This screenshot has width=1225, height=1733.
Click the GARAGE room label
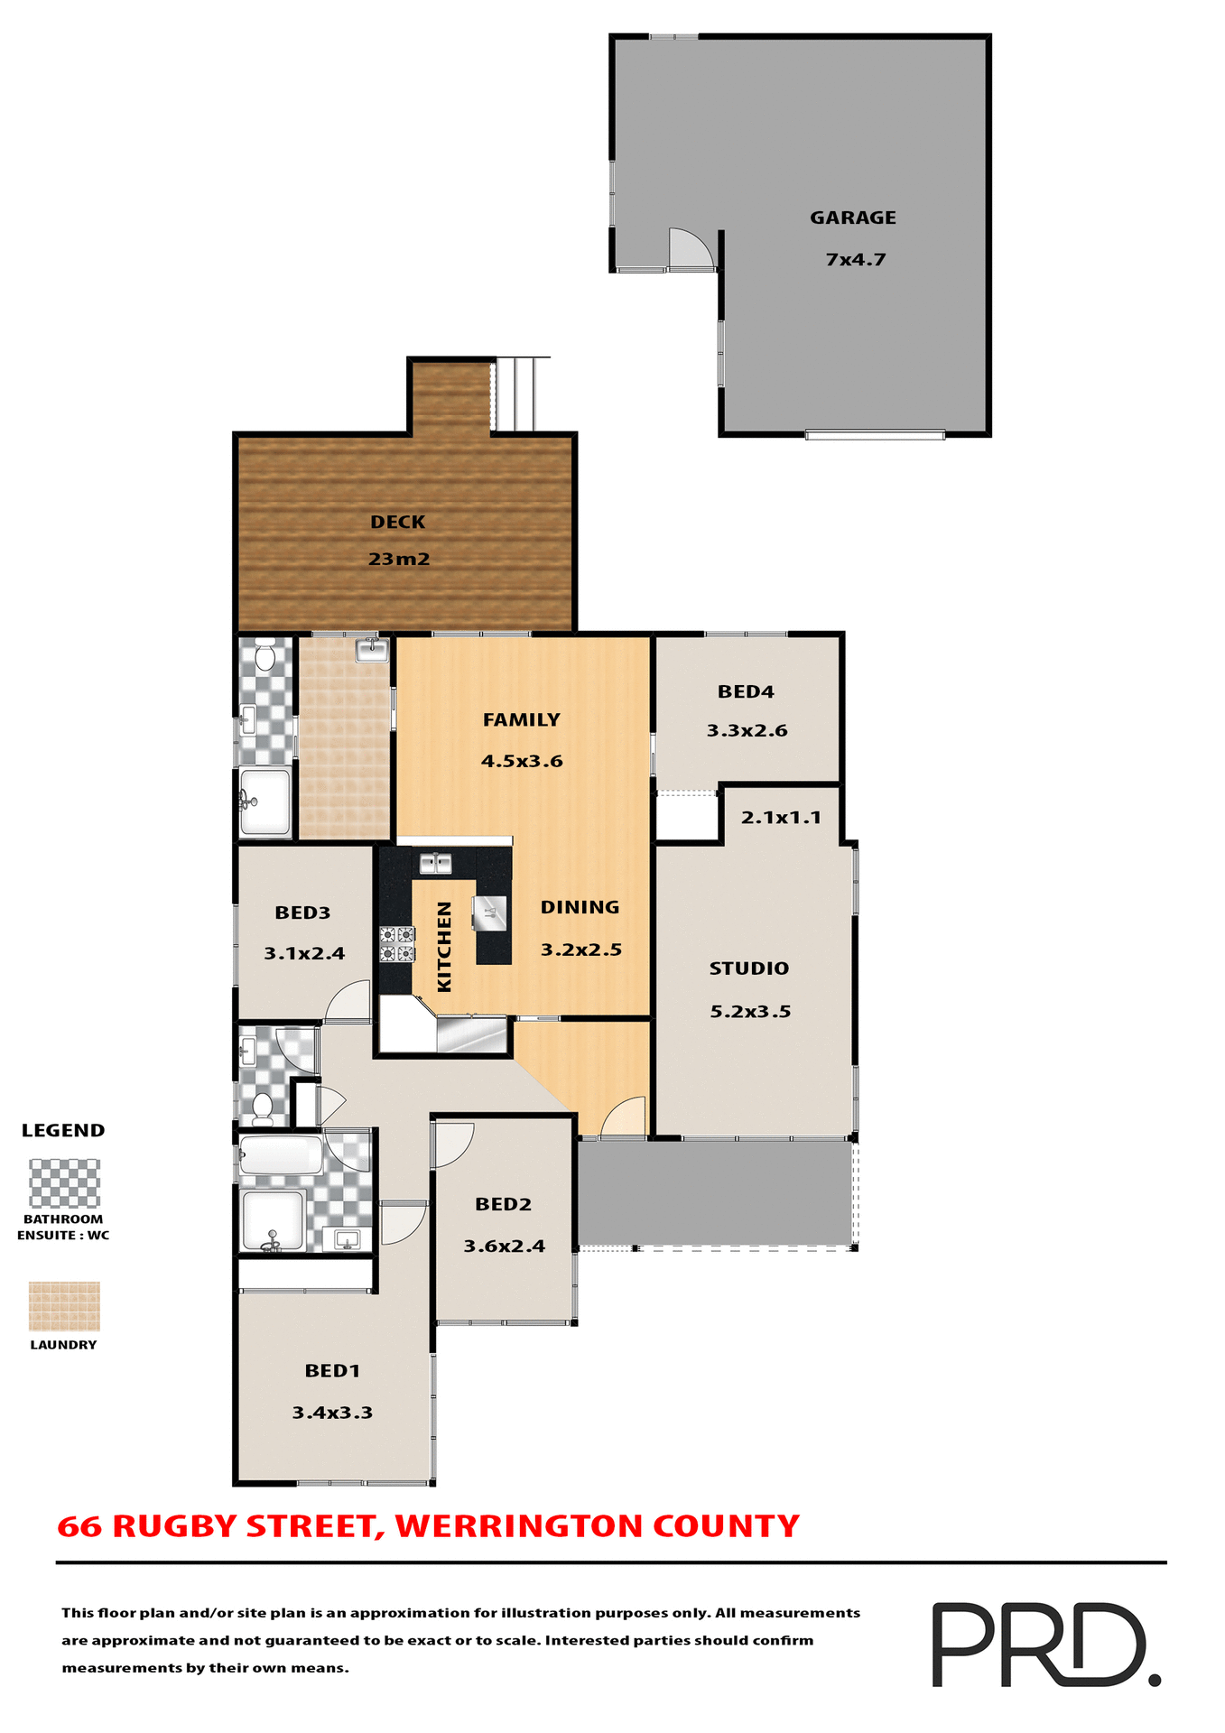coord(852,218)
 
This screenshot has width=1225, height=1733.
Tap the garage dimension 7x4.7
coord(855,260)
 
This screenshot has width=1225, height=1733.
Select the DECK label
coord(397,522)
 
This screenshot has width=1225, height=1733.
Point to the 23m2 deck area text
coord(399,560)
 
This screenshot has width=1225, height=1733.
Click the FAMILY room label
coord(521,719)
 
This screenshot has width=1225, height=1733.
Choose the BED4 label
coord(746,691)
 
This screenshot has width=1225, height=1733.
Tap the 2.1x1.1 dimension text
coord(781,818)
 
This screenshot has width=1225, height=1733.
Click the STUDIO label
coord(748,968)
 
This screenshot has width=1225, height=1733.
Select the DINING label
coord(580,907)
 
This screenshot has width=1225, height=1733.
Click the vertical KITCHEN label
coord(444,947)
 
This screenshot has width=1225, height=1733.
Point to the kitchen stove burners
coord(397,944)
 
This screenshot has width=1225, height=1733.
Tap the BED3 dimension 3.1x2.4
coord(304,953)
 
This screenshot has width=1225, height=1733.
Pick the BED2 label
coord(503,1204)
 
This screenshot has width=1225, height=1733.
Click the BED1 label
coord(332,1370)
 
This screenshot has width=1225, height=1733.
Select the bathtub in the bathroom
coord(281,1154)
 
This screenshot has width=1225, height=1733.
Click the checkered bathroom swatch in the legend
coord(64,1182)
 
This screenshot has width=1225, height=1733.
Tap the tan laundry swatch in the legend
coord(64,1306)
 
